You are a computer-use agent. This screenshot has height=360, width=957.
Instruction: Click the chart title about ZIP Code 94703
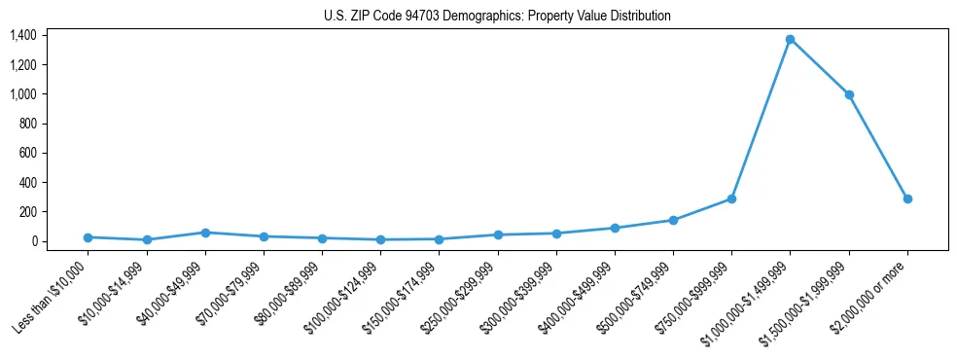coord(497,17)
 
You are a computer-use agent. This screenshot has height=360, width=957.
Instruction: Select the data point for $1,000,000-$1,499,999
coord(791,39)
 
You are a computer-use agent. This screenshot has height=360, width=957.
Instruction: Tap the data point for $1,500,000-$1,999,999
coord(849,94)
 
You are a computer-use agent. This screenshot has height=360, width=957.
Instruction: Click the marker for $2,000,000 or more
coord(907,198)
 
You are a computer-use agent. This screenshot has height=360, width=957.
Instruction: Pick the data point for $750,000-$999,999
coord(731,198)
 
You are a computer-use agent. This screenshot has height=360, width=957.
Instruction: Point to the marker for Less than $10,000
coord(88,237)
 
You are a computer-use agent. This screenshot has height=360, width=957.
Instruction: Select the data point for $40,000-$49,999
coord(205,233)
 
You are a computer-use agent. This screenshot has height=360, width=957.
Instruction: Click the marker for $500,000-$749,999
coord(673,220)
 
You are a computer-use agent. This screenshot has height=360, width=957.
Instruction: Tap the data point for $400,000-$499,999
coord(615,228)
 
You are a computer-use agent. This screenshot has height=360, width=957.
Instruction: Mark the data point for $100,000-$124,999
coord(380,239)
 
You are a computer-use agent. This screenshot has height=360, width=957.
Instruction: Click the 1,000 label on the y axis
coord(23,94)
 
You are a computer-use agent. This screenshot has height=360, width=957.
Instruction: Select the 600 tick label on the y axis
coord(27,153)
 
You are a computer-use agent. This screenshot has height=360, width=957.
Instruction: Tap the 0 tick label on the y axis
coord(33,241)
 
